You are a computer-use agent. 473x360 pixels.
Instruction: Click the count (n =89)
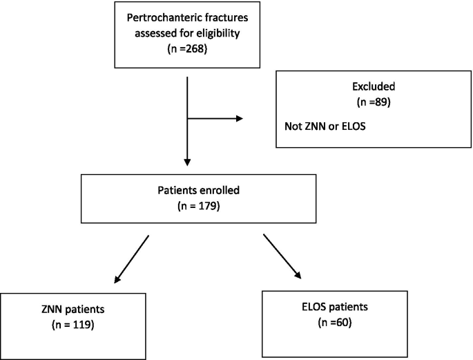372,103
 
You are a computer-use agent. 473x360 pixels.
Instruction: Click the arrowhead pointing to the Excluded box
239,118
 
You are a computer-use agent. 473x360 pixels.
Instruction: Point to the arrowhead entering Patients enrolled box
188,162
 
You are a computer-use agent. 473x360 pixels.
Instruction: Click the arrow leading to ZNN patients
131,259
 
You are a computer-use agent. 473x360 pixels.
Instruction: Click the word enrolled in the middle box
209,191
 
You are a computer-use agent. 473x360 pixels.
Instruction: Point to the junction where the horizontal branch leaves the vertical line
188,118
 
